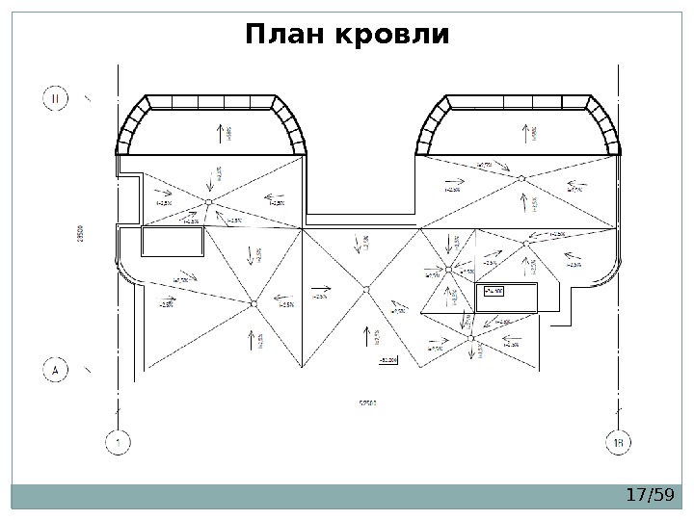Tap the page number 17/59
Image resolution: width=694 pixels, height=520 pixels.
click(x=648, y=495)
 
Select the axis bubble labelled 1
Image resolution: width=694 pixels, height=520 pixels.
click(x=118, y=442)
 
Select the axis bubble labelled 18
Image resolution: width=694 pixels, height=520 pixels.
click(x=621, y=442)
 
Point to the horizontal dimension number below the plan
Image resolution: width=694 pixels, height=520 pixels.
click(x=367, y=402)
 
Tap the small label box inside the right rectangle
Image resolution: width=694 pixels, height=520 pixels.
click(x=494, y=291)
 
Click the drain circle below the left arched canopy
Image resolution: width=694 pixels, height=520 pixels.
click(x=209, y=200)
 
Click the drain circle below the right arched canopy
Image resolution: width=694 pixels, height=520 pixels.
click(x=521, y=178)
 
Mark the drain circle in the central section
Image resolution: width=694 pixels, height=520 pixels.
click(x=366, y=288)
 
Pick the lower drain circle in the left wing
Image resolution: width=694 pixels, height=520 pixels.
click(x=254, y=303)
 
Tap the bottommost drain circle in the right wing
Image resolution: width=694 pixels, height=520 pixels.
click(x=470, y=338)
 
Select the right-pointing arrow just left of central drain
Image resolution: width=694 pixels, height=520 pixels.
click(x=321, y=286)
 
